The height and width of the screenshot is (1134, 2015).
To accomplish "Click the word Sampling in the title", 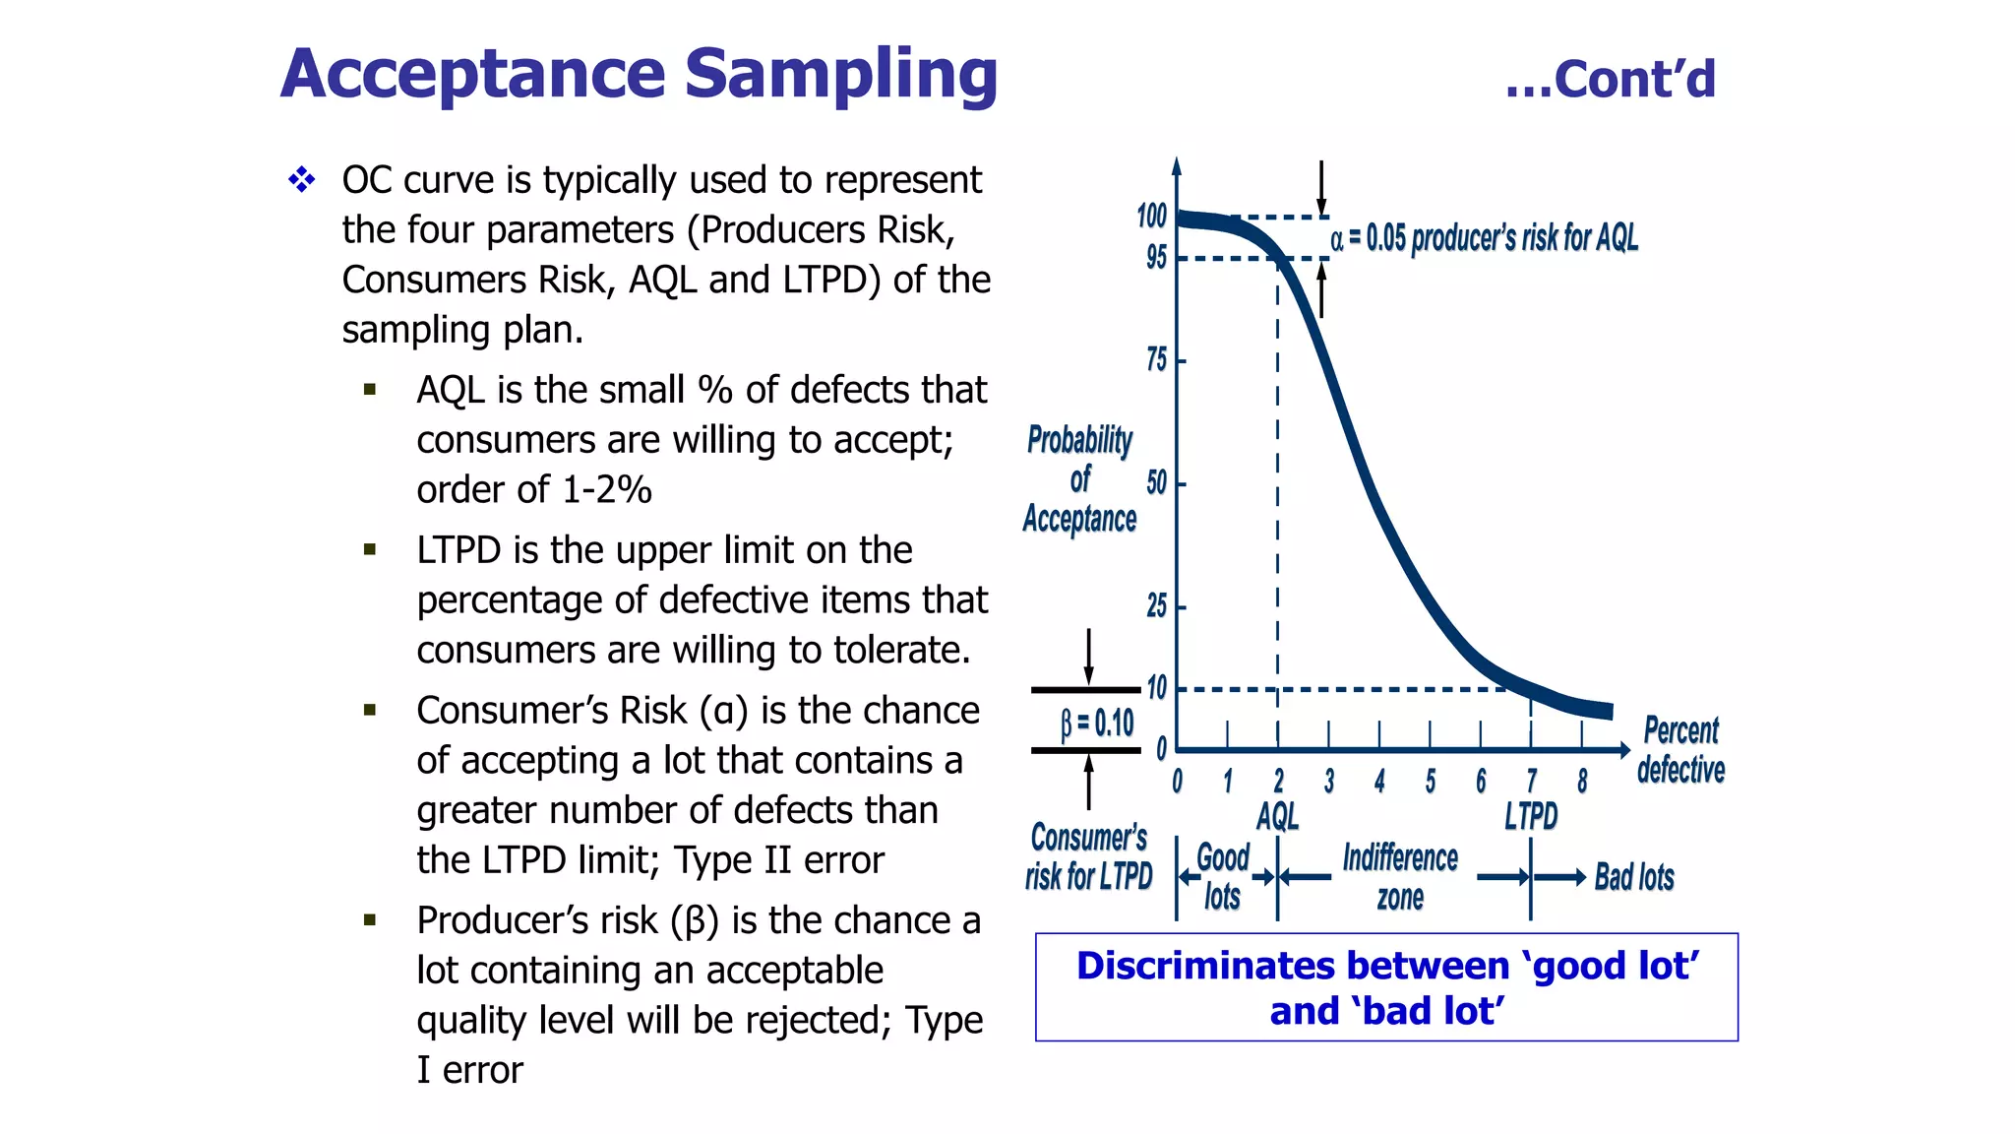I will (x=840, y=75).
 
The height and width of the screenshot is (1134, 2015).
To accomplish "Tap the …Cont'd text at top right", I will (x=1610, y=79).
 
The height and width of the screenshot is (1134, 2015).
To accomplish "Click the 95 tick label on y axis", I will (x=1156, y=258).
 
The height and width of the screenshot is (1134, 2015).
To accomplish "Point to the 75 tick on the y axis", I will (x=1157, y=360).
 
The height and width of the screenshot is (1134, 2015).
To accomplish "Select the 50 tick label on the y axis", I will (x=1157, y=483).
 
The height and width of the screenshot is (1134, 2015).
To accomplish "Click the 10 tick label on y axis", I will (x=1157, y=688).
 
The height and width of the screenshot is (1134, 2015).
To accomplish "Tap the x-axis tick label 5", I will (x=1431, y=782).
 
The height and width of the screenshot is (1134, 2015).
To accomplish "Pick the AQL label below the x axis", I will (x=1277, y=816).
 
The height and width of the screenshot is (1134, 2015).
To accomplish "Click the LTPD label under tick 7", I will (x=1531, y=816).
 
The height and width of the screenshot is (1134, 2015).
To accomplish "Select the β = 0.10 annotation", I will (x=1096, y=724).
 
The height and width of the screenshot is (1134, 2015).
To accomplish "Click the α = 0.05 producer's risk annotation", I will (x=1484, y=238).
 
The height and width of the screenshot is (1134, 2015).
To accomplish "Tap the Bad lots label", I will (x=1634, y=877).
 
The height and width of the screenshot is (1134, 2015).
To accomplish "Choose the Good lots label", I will (x=1223, y=877).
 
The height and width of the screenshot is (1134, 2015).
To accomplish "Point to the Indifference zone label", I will (x=1400, y=877).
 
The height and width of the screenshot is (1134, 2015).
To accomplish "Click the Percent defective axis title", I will (x=1680, y=750).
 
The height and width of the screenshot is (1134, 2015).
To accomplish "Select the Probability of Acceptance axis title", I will (x=1079, y=479).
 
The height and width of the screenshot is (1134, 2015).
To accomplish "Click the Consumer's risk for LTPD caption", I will (x=1088, y=856).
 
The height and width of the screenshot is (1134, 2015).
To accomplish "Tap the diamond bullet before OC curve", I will (x=302, y=180).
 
